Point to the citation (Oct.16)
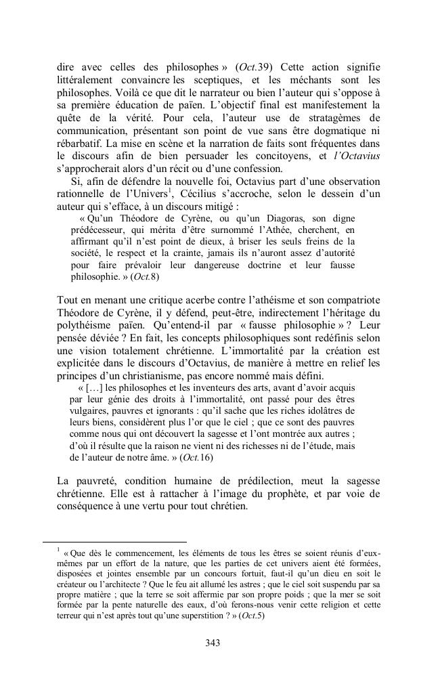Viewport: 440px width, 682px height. coord(201,458)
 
